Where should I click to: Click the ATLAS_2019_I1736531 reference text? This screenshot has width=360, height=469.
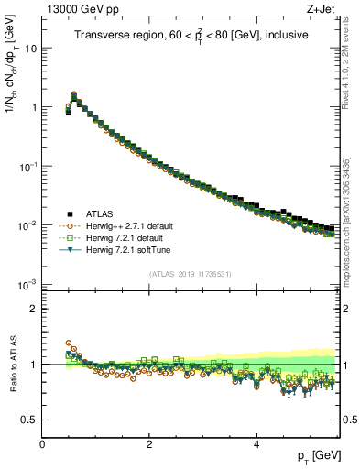[x=191, y=274]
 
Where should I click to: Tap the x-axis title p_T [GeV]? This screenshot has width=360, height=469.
[x=315, y=455]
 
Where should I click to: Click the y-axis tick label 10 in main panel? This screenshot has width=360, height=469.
[x=31, y=48]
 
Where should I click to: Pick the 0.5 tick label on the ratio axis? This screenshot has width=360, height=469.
[x=29, y=420]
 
